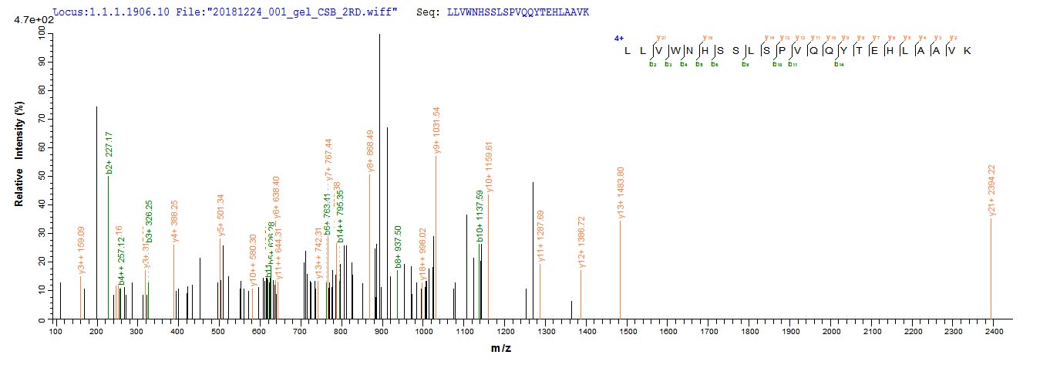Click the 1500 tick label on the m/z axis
pos(628,331)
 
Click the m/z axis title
pos(501,349)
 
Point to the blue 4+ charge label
pos(618,37)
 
